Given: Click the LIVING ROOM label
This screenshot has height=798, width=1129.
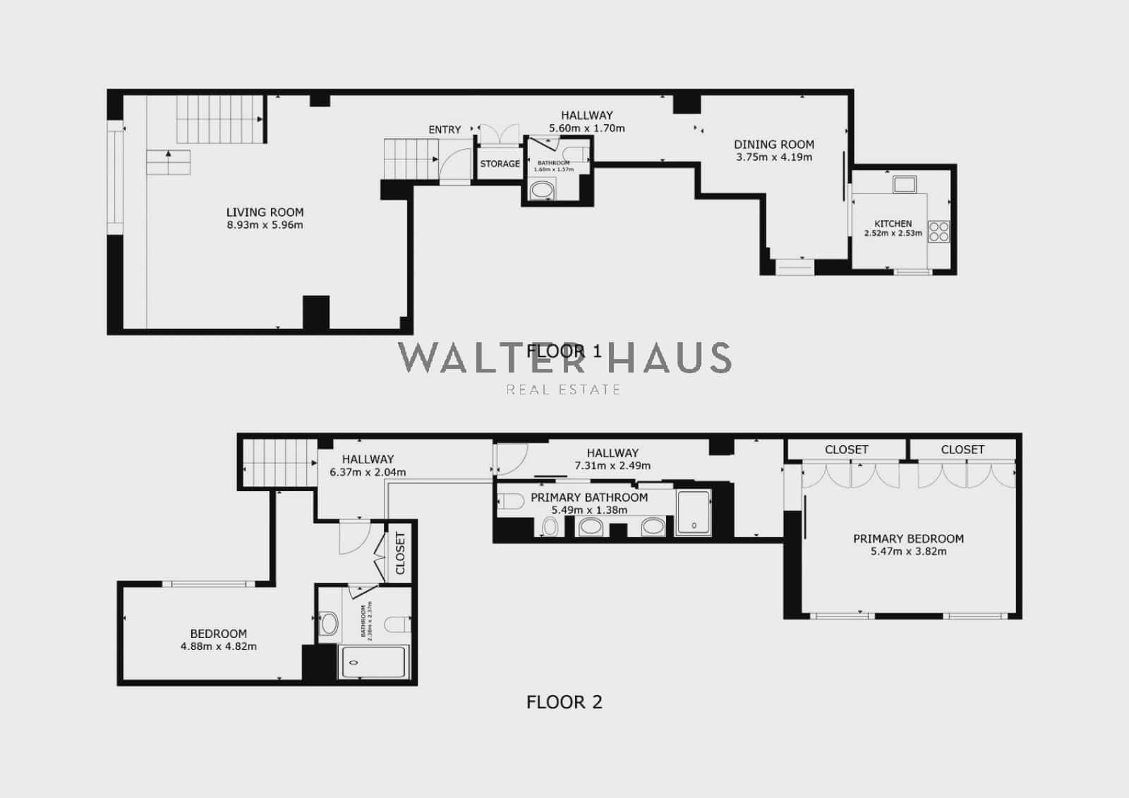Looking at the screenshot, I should click(265, 212).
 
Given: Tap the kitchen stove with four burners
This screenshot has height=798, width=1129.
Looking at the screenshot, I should click(938, 231).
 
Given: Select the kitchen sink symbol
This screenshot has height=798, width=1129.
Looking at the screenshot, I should click(904, 185).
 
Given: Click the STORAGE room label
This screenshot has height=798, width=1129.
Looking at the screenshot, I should click(500, 164).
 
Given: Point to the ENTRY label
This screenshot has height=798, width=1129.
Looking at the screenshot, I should click(445, 130).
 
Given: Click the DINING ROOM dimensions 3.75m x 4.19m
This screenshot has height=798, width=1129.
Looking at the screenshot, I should click(774, 157).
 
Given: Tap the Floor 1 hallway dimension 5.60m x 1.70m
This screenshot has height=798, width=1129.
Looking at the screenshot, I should click(587, 128).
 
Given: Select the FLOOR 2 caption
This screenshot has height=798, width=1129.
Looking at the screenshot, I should click(564, 702).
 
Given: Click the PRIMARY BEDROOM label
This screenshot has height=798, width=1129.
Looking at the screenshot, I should click(908, 538).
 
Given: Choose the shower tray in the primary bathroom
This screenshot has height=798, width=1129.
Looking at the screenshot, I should click(694, 513).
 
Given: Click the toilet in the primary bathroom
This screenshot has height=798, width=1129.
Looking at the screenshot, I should click(507, 502).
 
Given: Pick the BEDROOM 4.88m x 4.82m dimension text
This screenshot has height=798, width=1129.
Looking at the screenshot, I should click(219, 646).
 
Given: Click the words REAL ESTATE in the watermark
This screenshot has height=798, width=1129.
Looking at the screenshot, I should click(563, 389).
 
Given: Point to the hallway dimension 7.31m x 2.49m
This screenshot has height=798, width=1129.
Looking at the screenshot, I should click(612, 466).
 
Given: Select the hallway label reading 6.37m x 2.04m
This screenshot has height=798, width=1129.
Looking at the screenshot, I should click(368, 472).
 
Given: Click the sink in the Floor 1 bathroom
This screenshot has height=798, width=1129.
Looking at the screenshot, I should click(542, 189).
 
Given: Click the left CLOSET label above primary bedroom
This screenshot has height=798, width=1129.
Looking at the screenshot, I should click(846, 449).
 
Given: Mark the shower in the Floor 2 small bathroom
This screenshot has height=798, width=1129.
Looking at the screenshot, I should click(373, 662).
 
